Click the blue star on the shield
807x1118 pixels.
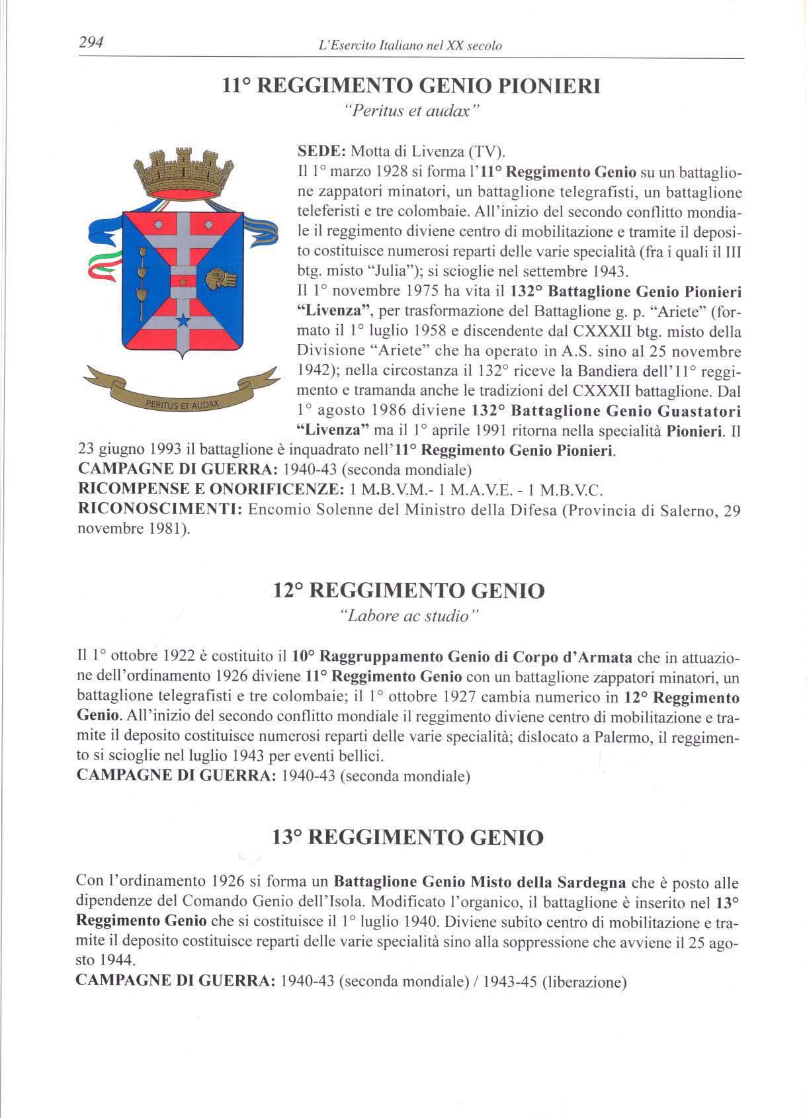(183, 322)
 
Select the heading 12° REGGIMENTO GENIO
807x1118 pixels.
(409, 590)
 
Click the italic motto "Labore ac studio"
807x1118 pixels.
(408, 617)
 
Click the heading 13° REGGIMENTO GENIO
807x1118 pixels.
(408, 838)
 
